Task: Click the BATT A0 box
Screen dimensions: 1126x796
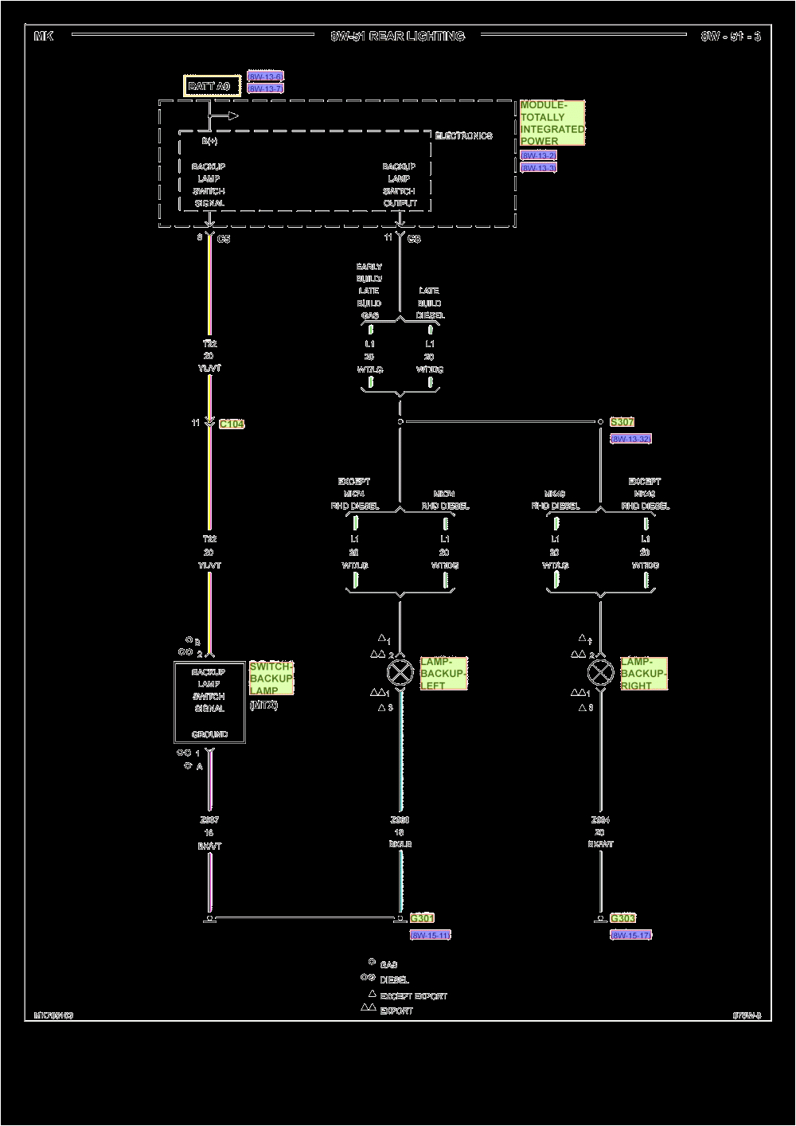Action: click(x=213, y=86)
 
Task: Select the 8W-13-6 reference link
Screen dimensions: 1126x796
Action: click(x=265, y=76)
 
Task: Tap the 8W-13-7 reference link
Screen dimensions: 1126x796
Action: click(x=265, y=88)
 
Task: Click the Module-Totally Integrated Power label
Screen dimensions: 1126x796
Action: click(x=552, y=123)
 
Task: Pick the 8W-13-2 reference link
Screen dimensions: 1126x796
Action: click(x=538, y=155)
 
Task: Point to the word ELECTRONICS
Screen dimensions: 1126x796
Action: click(x=463, y=136)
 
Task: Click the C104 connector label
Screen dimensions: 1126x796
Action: click(x=232, y=424)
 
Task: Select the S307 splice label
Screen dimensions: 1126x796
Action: click(x=622, y=422)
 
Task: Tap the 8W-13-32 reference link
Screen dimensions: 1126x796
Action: click(x=631, y=439)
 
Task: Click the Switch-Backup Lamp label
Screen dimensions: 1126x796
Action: click(x=271, y=678)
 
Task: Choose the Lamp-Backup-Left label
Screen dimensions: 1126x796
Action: click(x=443, y=674)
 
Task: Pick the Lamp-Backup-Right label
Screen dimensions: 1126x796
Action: click(x=644, y=674)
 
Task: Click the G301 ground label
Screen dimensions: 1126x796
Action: click(x=422, y=918)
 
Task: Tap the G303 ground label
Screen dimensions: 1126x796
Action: click(x=623, y=918)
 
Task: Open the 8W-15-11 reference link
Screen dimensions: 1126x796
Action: click(x=431, y=935)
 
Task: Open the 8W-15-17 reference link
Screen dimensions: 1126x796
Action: click(x=630, y=935)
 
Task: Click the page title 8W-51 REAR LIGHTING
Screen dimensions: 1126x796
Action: click(x=397, y=36)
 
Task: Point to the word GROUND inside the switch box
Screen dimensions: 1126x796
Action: click(x=209, y=734)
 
